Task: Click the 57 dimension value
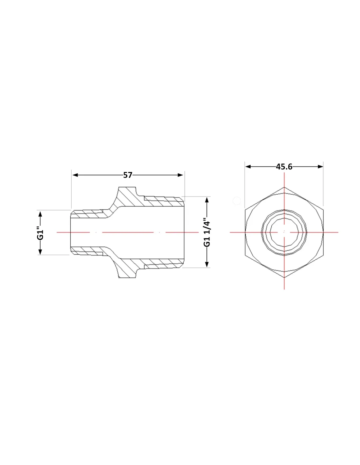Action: tap(128, 175)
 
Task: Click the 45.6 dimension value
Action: tap(284, 166)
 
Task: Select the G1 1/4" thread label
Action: tap(207, 232)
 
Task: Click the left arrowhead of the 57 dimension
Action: tap(75, 175)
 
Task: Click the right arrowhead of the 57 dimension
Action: tap(180, 175)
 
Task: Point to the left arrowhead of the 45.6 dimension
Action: tap(248, 166)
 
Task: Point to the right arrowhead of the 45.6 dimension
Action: tap(320, 166)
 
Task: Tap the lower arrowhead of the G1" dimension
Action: tap(40, 252)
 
